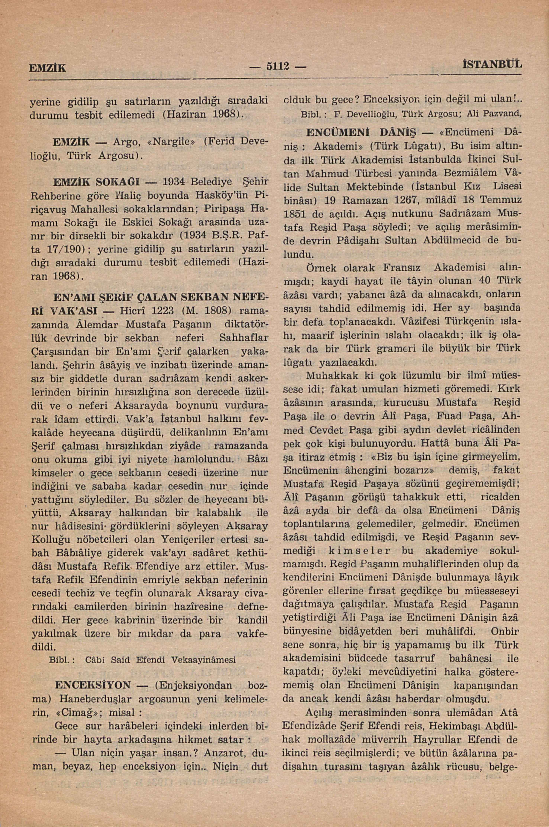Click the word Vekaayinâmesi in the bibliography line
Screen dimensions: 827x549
[x=204, y=659]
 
